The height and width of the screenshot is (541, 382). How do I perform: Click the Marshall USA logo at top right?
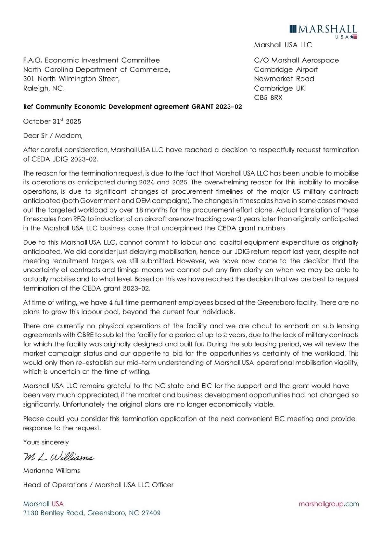(x=323, y=31)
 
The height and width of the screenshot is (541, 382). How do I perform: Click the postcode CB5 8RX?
(x=268, y=97)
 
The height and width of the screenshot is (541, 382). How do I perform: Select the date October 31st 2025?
(x=52, y=121)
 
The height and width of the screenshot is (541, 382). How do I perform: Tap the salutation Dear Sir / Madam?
(x=53, y=136)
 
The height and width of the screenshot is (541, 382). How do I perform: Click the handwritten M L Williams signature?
(x=58, y=457)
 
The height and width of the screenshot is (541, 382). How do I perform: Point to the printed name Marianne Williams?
(x=51, y=471)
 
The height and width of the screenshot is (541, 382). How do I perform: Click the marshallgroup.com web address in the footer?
(x=329, y=504)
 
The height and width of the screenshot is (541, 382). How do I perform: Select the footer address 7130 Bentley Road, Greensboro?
(x=92, y=513)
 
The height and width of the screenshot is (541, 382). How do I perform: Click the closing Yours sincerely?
(x=46, y=442)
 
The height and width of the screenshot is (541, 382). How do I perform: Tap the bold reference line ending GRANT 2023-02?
(x=132, y=107)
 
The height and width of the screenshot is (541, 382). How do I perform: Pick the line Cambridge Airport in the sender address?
(x=286, y=69)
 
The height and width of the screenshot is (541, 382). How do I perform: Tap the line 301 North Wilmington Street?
(x=71, y=79)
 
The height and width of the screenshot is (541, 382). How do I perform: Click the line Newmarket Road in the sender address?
(x=284, y=79)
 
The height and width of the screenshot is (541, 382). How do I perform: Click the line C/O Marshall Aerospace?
(x=296, y=60)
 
